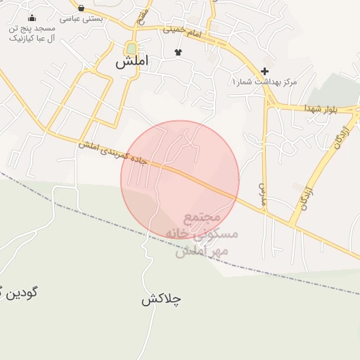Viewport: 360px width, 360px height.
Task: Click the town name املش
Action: (132, 62)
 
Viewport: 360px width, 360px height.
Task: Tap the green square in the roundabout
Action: (131, 49)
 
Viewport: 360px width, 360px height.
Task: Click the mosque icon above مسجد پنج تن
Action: (32, 18)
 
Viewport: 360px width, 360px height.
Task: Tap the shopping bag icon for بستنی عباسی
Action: (82, 8)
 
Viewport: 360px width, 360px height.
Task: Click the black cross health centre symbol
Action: (264, 71)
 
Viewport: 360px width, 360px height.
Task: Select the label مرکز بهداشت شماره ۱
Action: (264, 82)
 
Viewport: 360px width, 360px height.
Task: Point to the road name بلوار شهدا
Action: (321, 109)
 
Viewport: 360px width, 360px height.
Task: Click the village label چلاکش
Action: (161, 299)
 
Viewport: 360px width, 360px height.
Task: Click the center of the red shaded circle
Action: (180, 179)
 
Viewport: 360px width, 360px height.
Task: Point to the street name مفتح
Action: (143, 14)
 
